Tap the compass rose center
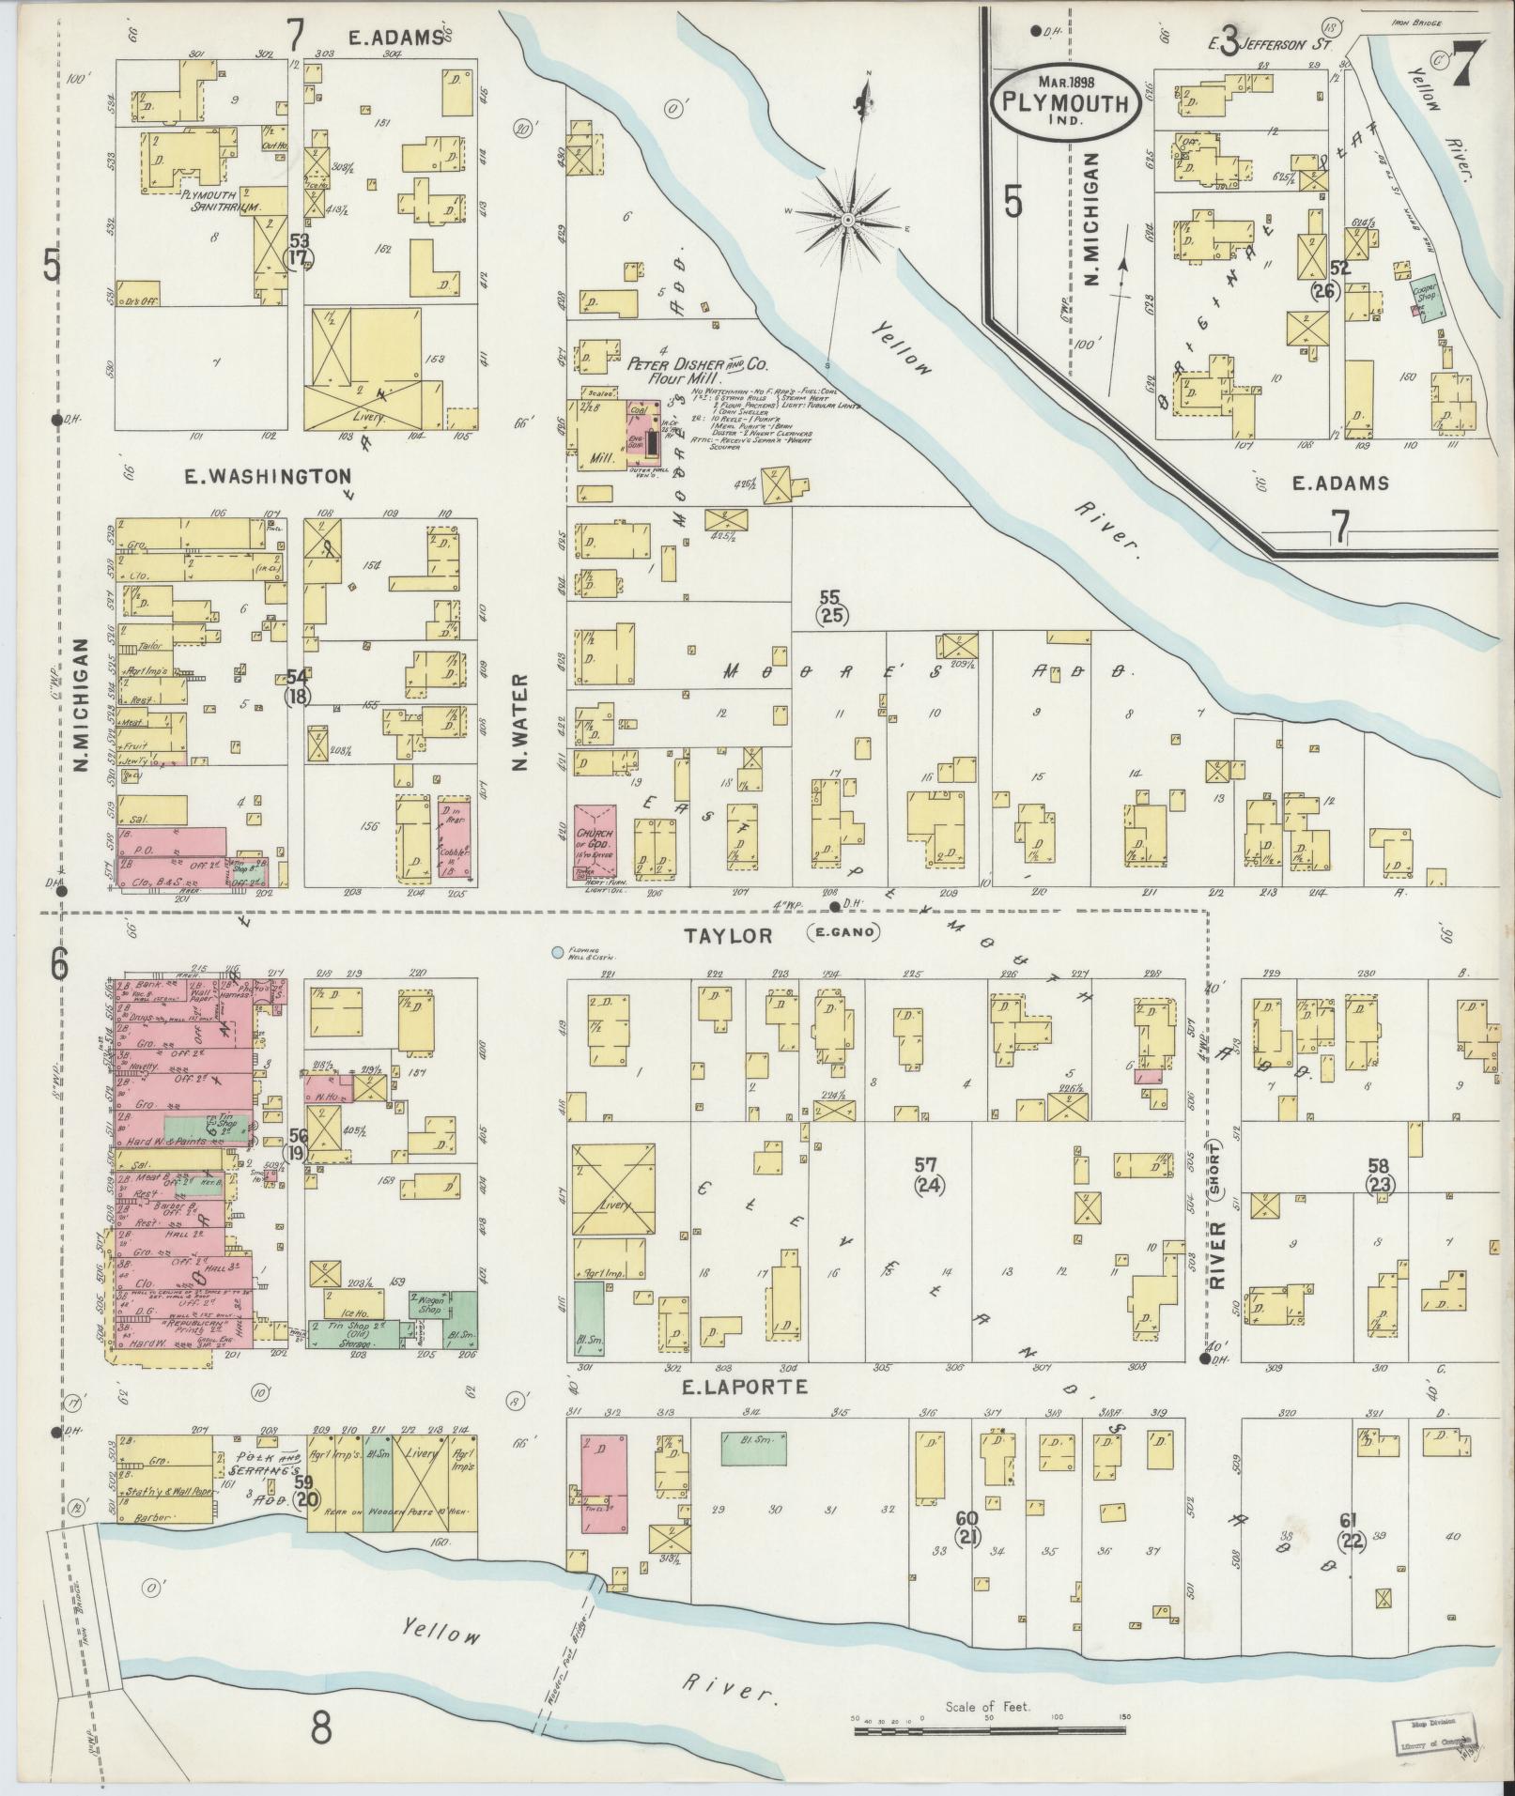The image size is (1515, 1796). (847, 220)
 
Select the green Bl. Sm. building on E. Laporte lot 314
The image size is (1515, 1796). (753, 1449)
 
